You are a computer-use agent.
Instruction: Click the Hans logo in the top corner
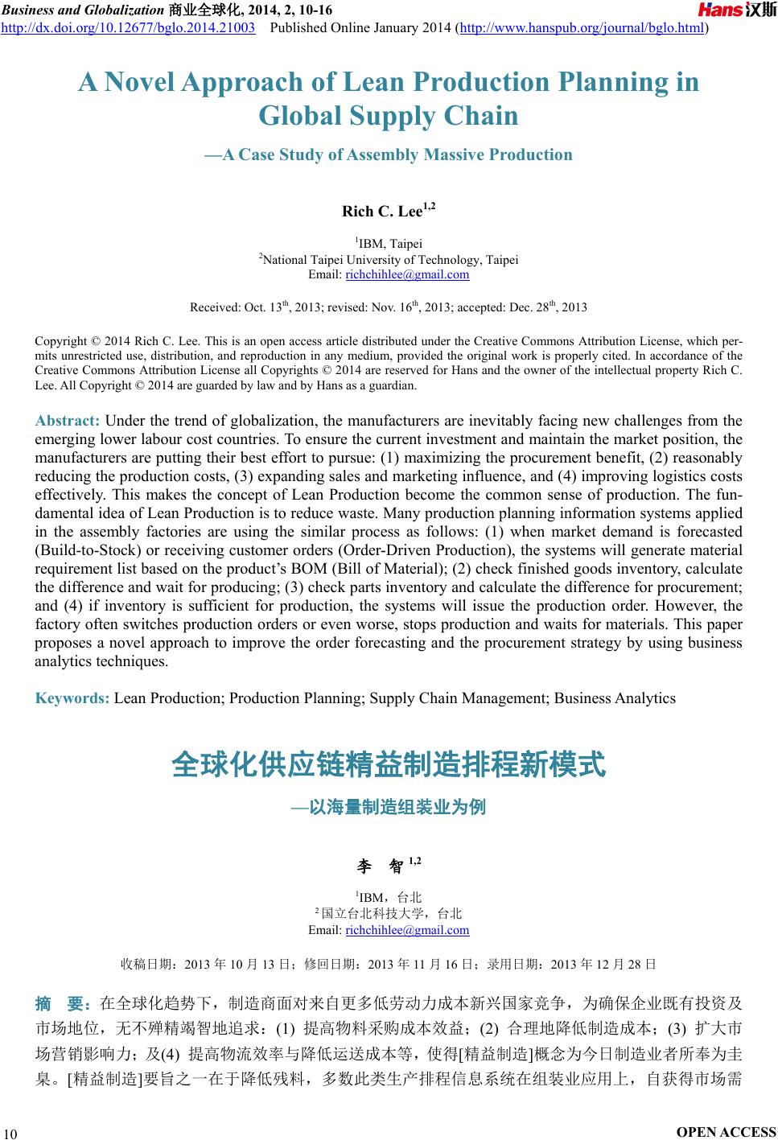(736, 10)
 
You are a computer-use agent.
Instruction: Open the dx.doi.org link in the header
(129, 28)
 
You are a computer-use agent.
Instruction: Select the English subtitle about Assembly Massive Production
(389, 154)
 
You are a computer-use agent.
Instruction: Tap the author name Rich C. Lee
(383, 212)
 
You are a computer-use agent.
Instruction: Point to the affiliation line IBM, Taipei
(389, 243)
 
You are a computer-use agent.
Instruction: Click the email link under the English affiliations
(407, 275)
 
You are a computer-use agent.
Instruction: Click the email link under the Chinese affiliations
(407, 931)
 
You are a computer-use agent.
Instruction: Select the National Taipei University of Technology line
(389, 259)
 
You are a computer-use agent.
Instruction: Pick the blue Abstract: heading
(68, 421)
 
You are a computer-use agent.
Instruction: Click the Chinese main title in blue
(389, 765)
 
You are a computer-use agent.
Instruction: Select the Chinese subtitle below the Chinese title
(389, 807)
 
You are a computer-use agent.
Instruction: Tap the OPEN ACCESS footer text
(727, 1132)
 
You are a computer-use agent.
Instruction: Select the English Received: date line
(389, 307)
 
